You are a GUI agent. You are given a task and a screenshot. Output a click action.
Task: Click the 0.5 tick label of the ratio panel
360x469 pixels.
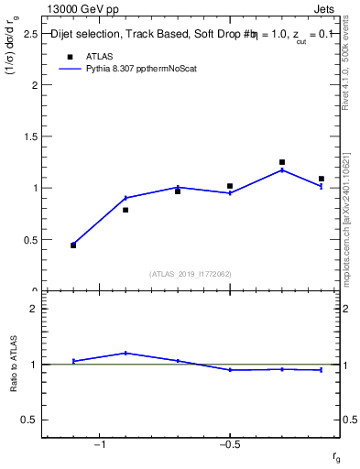click(28, 420)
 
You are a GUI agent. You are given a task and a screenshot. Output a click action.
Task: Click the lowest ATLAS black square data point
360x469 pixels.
click(73, 245)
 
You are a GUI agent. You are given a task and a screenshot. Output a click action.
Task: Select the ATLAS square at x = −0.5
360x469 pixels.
click(230, 186)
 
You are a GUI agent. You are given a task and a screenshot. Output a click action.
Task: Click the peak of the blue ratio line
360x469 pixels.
click(125, 353)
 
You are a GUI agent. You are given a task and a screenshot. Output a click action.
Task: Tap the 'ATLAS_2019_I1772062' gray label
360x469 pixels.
click(191, 273)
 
